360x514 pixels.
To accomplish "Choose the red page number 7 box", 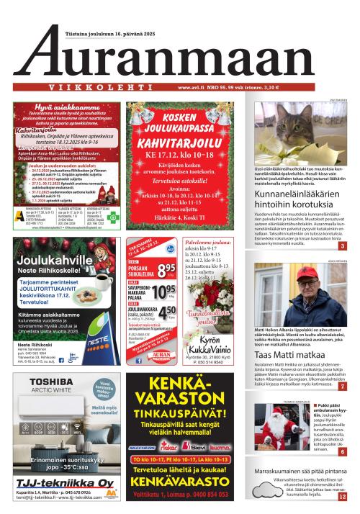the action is coord(343,387).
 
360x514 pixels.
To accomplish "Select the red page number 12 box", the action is coord(343,496).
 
